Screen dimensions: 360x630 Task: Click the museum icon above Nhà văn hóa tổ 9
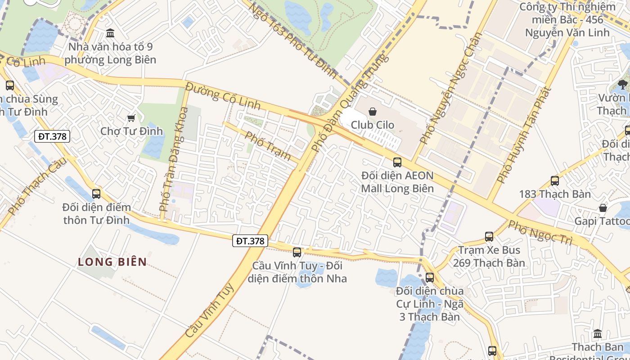pos(110,33)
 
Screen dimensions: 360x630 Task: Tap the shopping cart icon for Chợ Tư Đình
pos(131,118)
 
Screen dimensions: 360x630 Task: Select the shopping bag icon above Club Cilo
pos(373,112)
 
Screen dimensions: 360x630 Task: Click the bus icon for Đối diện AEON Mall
pos(397,162)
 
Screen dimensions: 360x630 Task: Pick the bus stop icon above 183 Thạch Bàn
pos(555,181)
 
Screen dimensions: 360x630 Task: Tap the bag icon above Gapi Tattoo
pos(603,208)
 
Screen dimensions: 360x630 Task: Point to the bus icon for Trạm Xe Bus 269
pos(489,236)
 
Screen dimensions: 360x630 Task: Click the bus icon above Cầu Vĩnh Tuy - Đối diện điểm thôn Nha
pos(297,252)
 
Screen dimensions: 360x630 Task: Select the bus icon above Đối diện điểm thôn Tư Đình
pos(96,194)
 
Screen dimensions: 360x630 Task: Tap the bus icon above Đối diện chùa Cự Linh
pos(430,278)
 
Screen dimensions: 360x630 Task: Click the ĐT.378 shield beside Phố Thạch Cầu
pos(52,136)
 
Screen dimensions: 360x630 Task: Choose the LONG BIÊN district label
pos(112,262)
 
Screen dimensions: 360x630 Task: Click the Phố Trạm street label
pos(268,144)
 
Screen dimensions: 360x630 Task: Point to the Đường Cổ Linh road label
pos(223,95)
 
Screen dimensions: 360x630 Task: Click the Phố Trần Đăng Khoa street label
pos(173,159)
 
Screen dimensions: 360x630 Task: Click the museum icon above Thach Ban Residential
pos(598,334)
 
